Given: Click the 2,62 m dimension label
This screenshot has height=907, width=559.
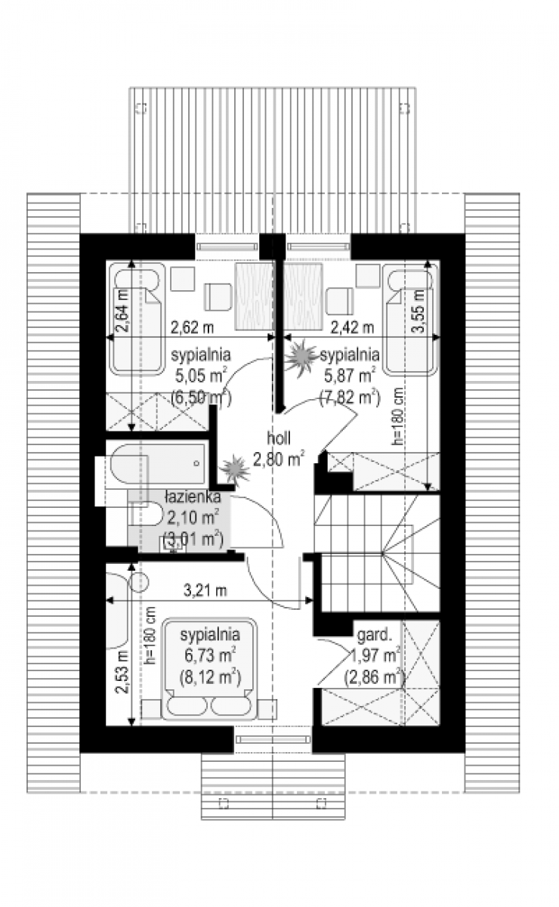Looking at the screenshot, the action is coord(193,327).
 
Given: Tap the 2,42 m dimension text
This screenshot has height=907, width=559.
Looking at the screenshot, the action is coord(352,327).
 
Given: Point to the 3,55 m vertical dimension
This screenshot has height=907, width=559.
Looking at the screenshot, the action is coord(419,311).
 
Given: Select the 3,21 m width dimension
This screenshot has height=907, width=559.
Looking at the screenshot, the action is coord(205,591).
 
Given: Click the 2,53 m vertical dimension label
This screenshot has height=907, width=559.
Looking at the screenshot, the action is coord(122,672).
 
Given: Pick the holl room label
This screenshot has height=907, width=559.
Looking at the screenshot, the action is coord(279,438).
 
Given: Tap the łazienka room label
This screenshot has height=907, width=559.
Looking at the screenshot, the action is coord(193,497).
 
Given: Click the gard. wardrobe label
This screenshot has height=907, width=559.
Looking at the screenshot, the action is coord(375,635).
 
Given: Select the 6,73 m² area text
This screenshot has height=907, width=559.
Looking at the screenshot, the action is coord(211,655).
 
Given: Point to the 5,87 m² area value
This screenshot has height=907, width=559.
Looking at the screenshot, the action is coord(349,376).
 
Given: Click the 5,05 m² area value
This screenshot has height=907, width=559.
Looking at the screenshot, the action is coord(201,376).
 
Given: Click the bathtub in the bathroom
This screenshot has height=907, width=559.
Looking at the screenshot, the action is coord(158,464).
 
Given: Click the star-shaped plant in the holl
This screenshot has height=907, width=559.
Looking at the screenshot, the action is coord(235,470).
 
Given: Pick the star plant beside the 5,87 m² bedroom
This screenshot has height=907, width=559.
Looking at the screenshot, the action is coord(301,356).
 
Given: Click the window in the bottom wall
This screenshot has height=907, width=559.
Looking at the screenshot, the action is coord(273,739).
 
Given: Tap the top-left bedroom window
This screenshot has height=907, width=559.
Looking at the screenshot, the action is coord(227,246).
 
